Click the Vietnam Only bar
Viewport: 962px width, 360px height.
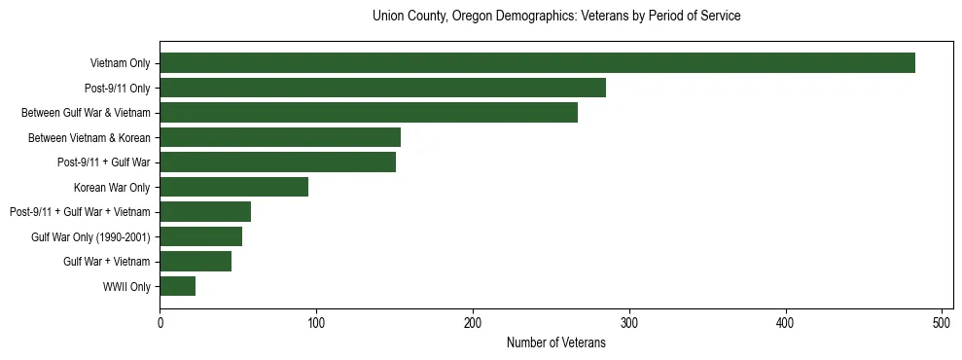pyautogui.click(x=537, y=63)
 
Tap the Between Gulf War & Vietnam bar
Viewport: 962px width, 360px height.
pyautogui.click(x=369, y=113)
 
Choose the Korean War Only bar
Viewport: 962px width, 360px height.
pyautogui.click(x=233, y=187)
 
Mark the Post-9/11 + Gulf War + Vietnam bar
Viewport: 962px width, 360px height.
pyautogui.click(x=205, y=211)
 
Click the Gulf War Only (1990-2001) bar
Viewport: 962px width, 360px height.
pyautogui.click(x=200, y=236)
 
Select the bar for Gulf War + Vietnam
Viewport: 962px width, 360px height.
pyautogui.click(x=196, y=261)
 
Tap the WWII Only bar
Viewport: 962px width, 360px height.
pyautogui.click(x=177, y=286)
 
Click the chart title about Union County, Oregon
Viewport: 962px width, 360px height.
pyautogui.click(x=556, y=17)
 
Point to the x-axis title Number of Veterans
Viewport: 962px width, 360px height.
pyautogui.click(x=556, y=342)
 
